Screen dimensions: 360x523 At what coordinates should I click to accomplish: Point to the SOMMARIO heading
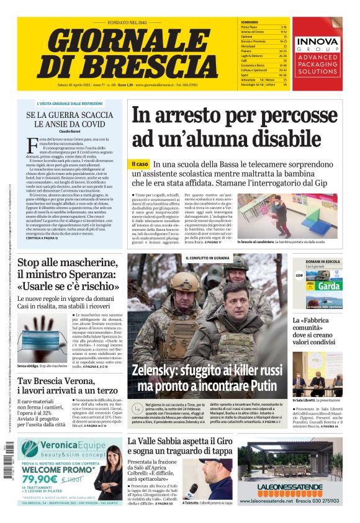(249, 22)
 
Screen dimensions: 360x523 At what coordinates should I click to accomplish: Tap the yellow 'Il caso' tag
(140, 164)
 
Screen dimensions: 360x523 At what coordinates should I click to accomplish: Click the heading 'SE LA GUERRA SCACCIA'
(70, 115)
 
